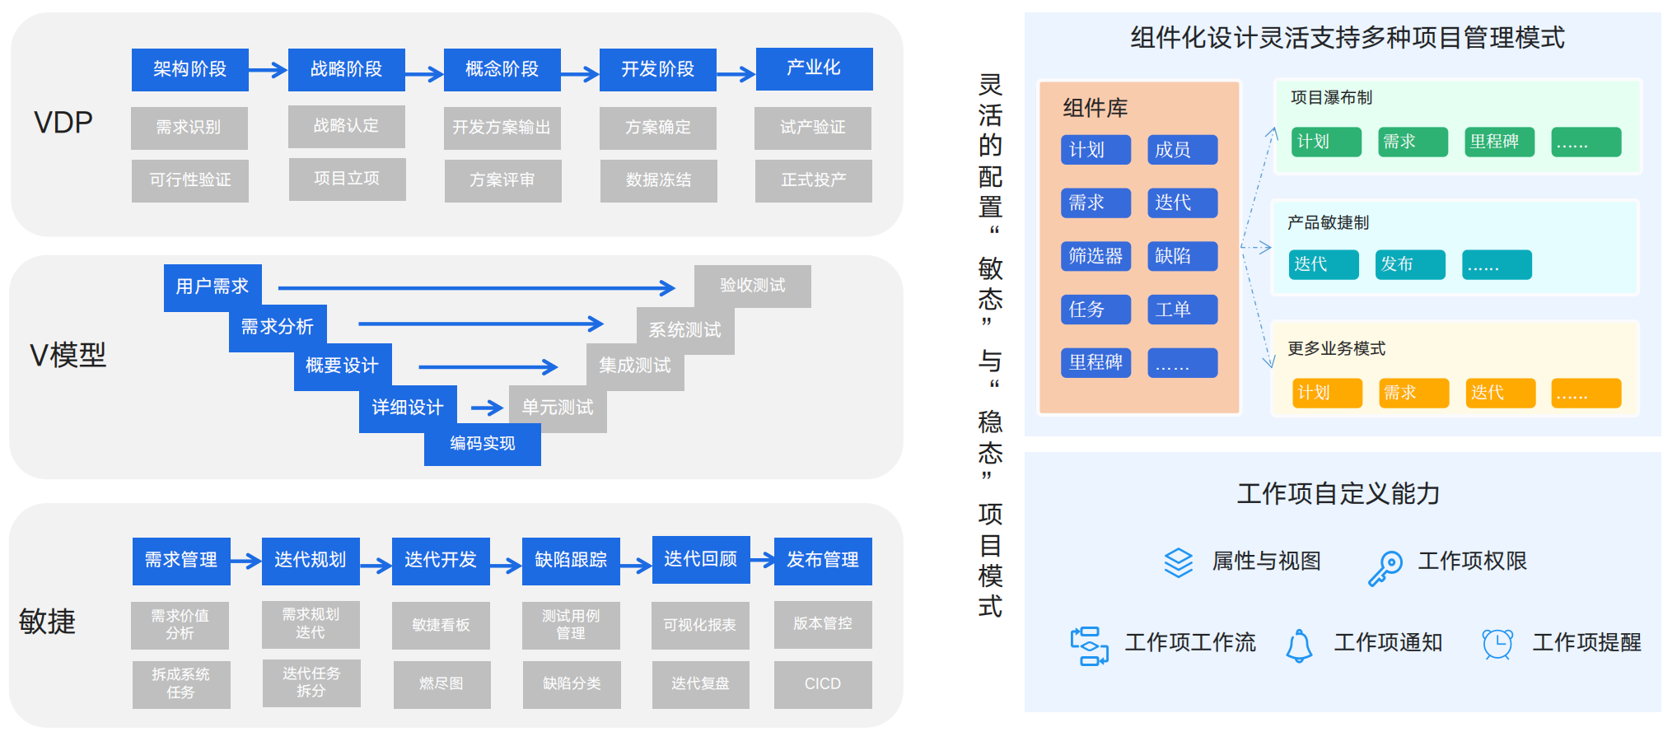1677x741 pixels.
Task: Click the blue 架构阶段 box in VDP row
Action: pos(189,69)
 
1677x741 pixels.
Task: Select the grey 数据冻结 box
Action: pos(658,180)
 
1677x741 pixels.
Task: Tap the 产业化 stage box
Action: pos(814,68)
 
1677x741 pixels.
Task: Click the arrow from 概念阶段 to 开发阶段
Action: pos(580,74)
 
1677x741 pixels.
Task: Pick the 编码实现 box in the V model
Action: pos(482,445)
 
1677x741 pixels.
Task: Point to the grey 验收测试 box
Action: pos(752,286)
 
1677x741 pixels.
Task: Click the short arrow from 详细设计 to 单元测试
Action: pos(486,408)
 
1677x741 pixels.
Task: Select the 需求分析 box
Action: pos(277,327)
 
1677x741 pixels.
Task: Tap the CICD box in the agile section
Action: pos(822,684)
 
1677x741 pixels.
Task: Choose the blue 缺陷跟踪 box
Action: pos(571,561)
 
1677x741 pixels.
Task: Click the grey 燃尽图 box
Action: pos(441,684)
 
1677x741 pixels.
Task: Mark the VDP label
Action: pos(63,123)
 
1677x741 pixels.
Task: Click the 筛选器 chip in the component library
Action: pos(1095,256)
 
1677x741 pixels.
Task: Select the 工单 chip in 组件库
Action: pos(1182,310)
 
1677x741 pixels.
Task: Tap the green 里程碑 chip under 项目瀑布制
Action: pos(1499,142)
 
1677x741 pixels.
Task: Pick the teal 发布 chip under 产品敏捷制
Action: pos(1409,264)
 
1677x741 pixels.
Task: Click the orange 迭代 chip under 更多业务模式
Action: pos(1501,393)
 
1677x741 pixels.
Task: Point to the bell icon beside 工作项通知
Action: pos(1299,645)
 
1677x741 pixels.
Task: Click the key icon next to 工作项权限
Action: pos(1385,568)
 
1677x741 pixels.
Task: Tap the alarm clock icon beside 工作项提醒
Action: pos(1497,644)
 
